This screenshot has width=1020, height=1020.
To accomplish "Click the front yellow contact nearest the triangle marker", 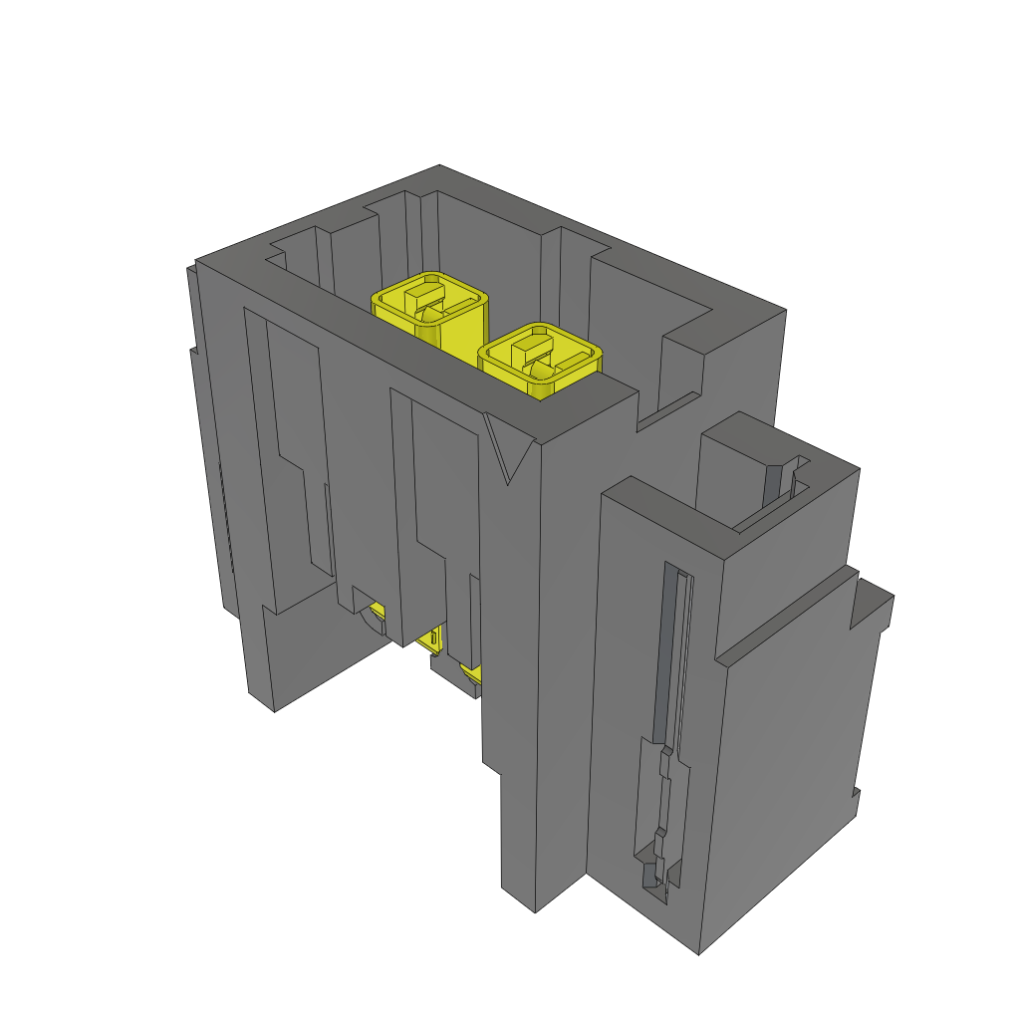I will [x=541, y=357].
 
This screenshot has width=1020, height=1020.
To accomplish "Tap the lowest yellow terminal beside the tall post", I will [x=472, y=677].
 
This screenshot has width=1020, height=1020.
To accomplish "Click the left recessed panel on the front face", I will [x=289, y=448].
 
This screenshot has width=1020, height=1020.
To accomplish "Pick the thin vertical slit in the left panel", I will [x=327, y=528].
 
